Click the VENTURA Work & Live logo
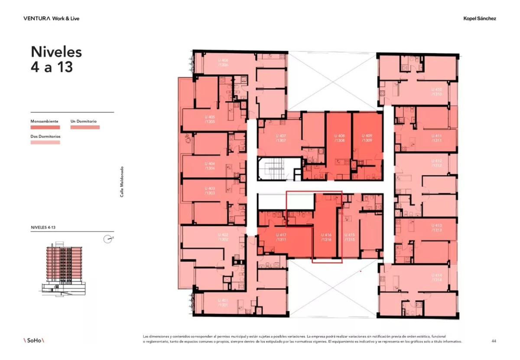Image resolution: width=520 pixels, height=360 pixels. point(51,19)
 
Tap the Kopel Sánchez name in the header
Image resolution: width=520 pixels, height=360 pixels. point(480,19)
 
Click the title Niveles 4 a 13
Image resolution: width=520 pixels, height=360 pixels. point(56,59)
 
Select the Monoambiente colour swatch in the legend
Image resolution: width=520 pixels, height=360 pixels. point(45,128)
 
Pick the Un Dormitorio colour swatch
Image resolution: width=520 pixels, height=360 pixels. point(85,128)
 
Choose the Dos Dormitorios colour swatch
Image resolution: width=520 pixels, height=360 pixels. point(45,142)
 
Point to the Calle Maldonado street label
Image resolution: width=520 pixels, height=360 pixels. point(122,182)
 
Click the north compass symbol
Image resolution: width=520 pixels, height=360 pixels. point(108,239)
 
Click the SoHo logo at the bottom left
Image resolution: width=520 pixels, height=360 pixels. point(34,340)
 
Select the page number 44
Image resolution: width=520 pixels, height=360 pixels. point(494,341)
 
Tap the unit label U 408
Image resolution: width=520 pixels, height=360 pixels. point(339,138)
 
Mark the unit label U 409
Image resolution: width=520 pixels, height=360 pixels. point(367,138)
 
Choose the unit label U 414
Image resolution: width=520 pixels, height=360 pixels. point(437,278)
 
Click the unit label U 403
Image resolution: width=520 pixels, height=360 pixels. point(210,191)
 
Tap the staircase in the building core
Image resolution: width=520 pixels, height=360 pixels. point(272,169)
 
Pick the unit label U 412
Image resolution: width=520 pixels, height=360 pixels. point(437,163)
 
